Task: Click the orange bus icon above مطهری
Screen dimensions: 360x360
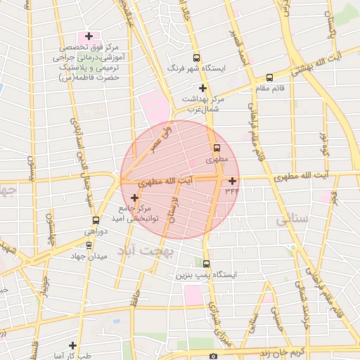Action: (217, 148)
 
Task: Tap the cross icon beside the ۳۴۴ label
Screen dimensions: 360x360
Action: (233, 181)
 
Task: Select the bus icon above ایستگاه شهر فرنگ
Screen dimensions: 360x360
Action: (195, 58)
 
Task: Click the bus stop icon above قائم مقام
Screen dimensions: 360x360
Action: (270, 78)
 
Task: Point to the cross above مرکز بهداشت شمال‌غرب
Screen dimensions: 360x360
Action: (202, 88)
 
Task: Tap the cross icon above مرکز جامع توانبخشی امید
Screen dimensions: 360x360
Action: (135, 198)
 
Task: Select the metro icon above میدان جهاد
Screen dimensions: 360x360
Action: (88, 245)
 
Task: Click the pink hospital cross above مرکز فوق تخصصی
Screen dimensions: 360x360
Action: (88, 36)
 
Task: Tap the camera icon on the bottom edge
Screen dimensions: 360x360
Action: (214, 356)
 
